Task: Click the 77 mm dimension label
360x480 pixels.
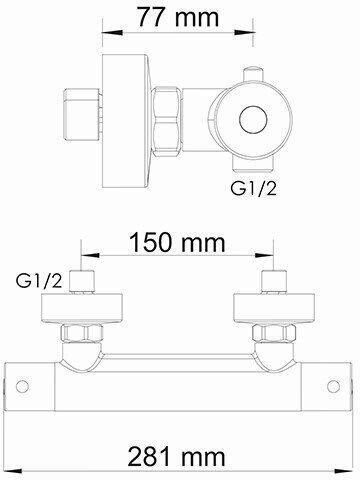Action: (x=178, y=17)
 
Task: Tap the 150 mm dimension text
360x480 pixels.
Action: (x=177, y=242)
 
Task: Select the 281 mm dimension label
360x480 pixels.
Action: (x=177, y=457)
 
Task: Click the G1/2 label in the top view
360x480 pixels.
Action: (x=253, y=189)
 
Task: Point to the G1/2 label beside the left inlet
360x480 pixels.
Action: (x=39, y=282)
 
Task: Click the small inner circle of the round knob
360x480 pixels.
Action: (x=254, y=120)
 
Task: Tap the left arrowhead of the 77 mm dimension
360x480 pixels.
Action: (x=111, y=32)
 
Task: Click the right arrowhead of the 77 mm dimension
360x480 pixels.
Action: (x=245, y=32)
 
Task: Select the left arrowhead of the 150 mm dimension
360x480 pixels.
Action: (x=91, y=255)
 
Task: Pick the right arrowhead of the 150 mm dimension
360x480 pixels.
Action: (x=264, y=255)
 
